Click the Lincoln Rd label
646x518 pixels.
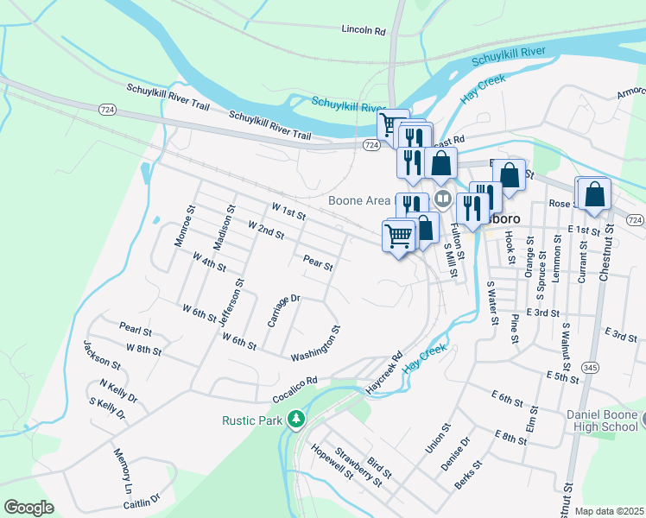[363, 30]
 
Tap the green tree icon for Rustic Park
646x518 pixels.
[296, 419]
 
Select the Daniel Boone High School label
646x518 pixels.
[602, 420]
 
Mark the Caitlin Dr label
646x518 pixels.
[142, 500]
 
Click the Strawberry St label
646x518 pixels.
[358, 466]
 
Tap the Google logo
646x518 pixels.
[28, 508]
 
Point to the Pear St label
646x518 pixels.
[318, 262]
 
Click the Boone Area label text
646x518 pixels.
[359, 200]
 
